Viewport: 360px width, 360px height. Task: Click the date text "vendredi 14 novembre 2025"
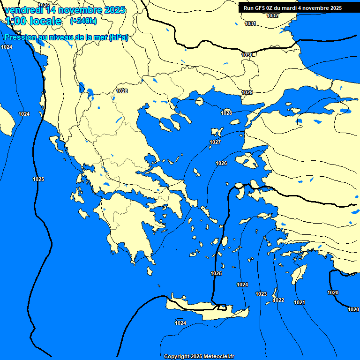65,10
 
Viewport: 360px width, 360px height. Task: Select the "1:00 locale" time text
33,21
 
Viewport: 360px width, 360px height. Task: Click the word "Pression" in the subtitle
19,37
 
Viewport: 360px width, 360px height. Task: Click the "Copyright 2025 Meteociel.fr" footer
199,356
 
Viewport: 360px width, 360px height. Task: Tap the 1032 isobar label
272,15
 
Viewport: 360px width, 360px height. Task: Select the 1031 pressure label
250,23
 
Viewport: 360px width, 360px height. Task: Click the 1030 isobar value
247,55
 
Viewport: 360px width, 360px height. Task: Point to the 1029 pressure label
247,92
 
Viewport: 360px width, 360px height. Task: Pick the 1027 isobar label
215,142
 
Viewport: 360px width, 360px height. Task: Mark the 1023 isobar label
261,294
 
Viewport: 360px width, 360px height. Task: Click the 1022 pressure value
278,300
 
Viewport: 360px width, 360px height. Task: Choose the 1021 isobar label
300,302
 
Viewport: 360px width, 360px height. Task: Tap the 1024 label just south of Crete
180,323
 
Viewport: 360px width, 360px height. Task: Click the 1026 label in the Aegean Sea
221,163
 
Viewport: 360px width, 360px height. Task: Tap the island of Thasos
200,101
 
